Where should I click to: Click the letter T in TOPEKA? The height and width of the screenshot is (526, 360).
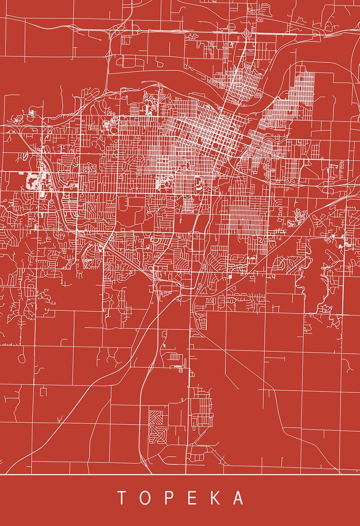point(122,497)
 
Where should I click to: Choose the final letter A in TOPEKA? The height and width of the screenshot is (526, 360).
point(238,497)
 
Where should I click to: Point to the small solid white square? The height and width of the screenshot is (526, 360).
point(230,276)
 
